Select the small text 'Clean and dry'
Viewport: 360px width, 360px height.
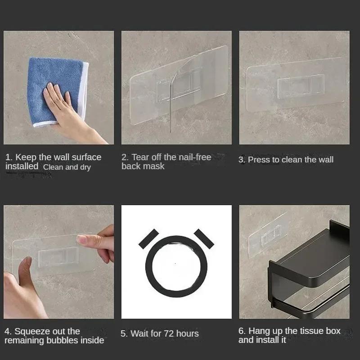click(x=67, y=167)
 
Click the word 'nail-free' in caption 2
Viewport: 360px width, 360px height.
click(x=194, y=157)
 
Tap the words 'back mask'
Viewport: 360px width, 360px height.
click(x=143, y=166)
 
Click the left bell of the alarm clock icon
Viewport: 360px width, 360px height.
click(x=149, y=238)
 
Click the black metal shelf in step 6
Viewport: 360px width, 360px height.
click(x=310, y=261)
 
